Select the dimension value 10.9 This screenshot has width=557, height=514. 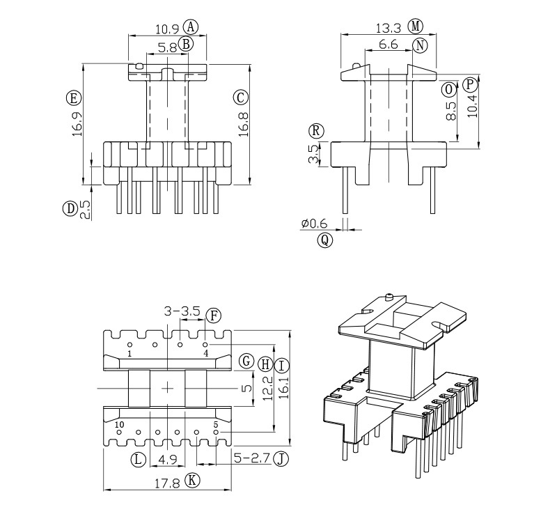(167, 29)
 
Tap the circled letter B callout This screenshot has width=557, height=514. (185, 45)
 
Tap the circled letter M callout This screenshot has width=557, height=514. (416, 26)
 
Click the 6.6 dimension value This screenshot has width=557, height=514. (389, 45)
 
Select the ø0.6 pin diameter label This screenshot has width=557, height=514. (314, 223)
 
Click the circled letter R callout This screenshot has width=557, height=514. (317, 130)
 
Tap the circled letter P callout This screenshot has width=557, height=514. (471, 84)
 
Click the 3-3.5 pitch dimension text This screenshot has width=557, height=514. (182, 311)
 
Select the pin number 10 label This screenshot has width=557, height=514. (120, 424)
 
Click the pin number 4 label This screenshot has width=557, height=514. (205, 353)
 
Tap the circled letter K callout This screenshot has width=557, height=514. (194, 480)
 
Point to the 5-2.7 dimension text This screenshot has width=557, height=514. (251, 459)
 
